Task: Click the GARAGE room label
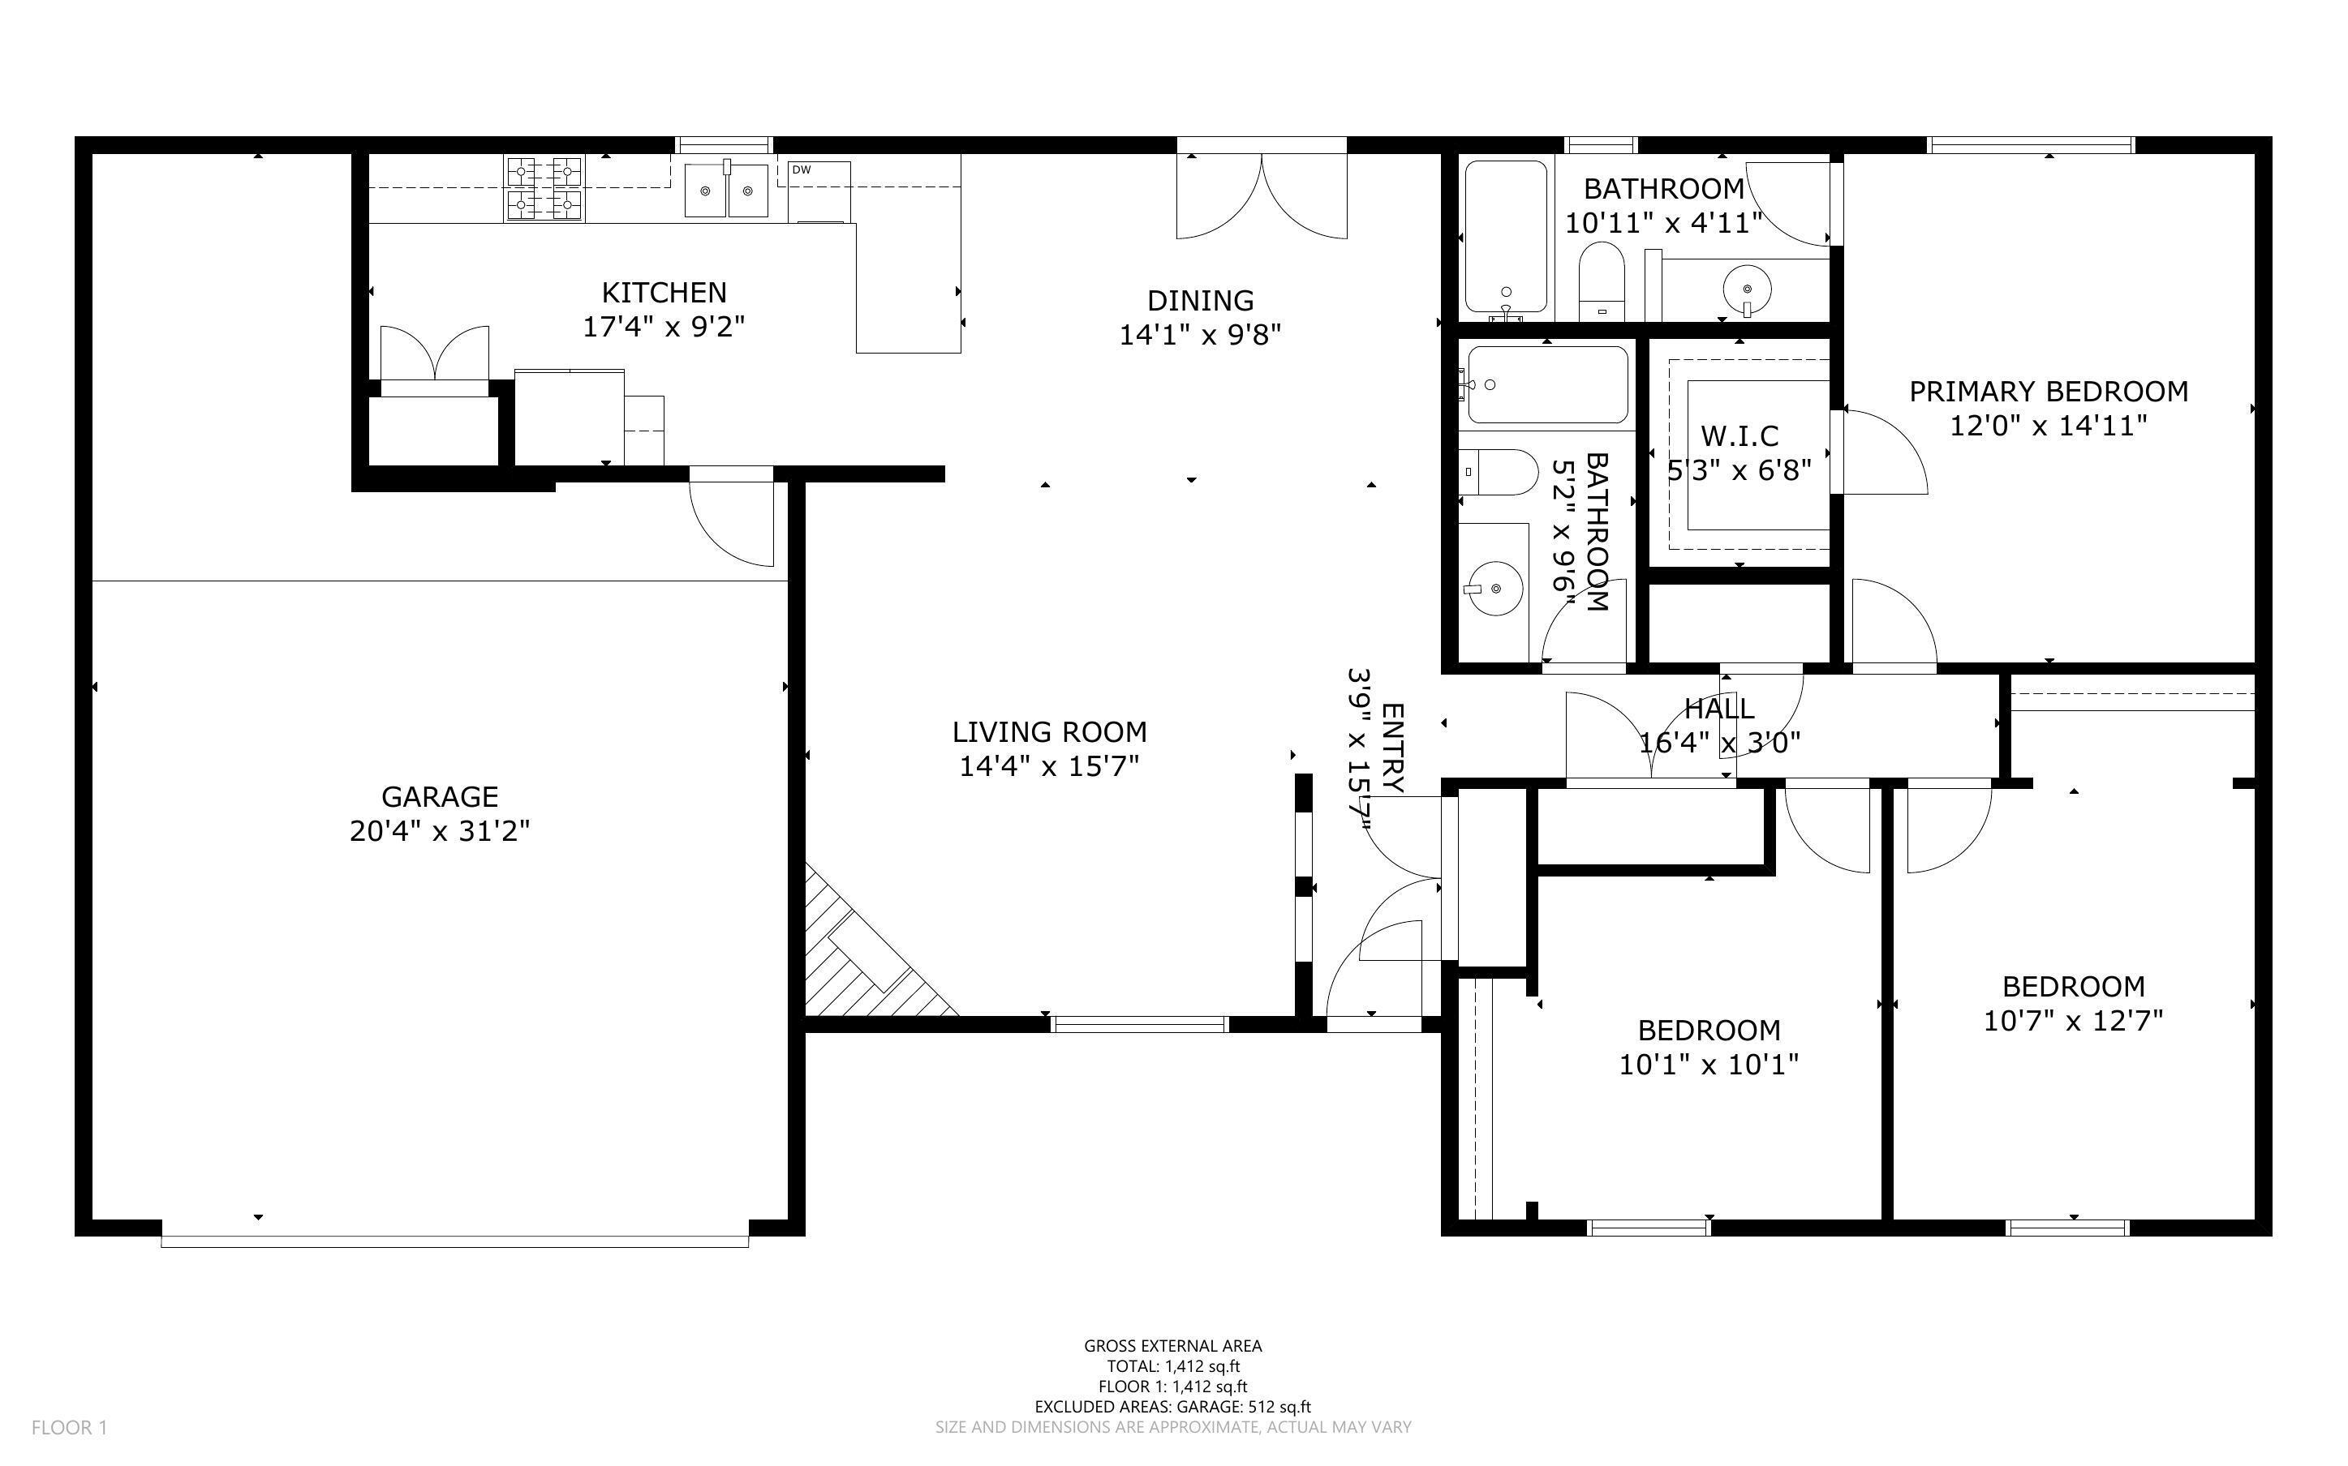[x=440, y=796]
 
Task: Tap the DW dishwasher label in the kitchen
[x=801, y=169]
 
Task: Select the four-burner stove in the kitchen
[x=544, y=188]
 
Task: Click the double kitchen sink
[x=726, y=190]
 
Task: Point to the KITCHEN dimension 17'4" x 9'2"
[x=664, y=327]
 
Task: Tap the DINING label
[x=1200, y=301]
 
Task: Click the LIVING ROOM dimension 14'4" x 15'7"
[x=1048, y=767]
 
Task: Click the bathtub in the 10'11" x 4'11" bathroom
[x=1505, y=238]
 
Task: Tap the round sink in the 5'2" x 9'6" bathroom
[x=1494, y=588]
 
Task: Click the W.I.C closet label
[x=1739, y=435]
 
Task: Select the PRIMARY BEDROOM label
[x=2049, y=392]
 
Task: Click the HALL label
[x=1718, y=709]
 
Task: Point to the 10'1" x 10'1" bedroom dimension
[x=1708, y=1065]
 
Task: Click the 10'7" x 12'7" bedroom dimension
[x=2073, y=1021]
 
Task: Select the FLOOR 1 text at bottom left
[x=69, y=1427]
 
